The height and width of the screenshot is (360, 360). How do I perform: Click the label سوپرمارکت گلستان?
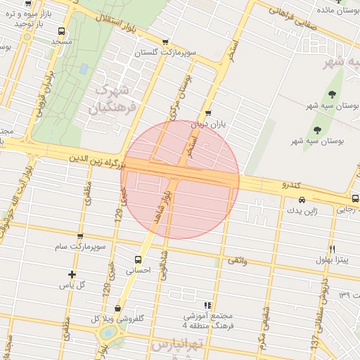tap(166, 53)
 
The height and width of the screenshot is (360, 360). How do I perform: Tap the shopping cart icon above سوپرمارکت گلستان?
tap(165, 42)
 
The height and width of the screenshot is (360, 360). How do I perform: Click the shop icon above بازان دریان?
tap(207, 115)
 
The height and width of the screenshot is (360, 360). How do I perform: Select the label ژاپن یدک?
tap(302, 210)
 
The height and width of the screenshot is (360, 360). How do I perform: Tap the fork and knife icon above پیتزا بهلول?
tap(332, 249)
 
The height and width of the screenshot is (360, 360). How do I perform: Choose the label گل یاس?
tap(71, 285)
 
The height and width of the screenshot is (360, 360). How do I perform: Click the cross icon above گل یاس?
tap(71, 274)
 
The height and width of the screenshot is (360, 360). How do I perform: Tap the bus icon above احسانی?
tap(138, 259)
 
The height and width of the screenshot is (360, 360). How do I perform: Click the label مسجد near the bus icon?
tap(62, 42)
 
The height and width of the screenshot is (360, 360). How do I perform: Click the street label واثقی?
tap(236, 261)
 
